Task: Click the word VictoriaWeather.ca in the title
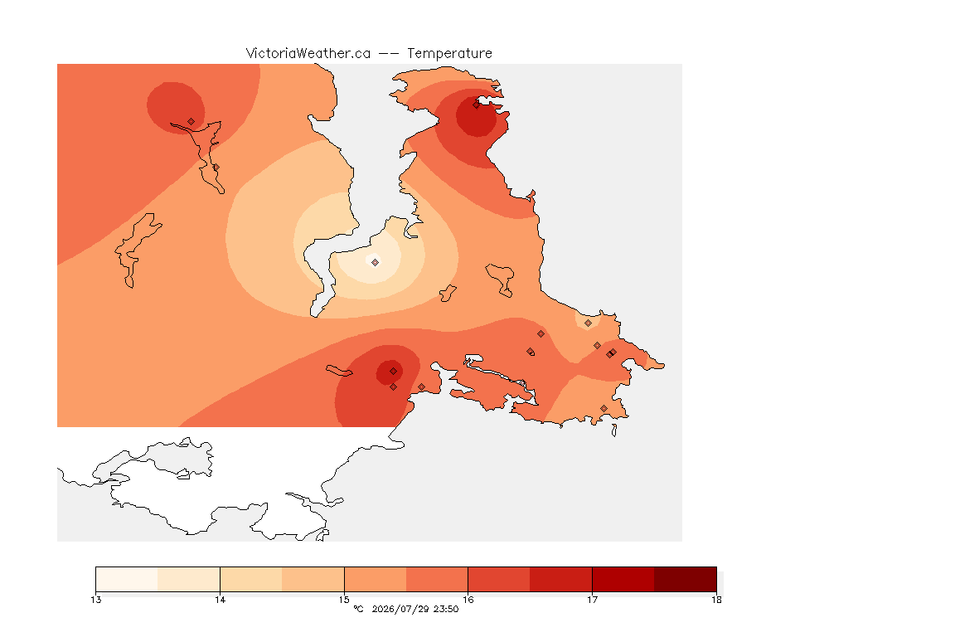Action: coord(308,54)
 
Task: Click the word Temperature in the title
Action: coord(449,54)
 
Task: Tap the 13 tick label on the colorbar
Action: coord(95,600)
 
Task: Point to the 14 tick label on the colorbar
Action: coord(220,600)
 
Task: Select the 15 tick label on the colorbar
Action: coord(344,600)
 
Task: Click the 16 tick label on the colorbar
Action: coord(468,600)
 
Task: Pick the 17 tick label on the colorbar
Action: coord(592,600)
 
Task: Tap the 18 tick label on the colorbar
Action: coord(716,600)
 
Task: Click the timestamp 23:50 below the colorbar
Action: coord(446,609)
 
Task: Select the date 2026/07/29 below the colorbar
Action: coord(400,609)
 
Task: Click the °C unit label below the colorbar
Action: coord(358,609)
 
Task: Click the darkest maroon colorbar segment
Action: coord(686,579)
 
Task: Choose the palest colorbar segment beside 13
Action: coord(127,579)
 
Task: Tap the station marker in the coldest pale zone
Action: coord(376,262)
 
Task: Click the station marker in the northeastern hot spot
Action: coord(477,105)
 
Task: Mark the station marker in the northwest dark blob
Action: coord(191,122)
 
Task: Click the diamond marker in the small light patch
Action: coord(588,323)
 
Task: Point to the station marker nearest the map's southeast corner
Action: coord(604,408)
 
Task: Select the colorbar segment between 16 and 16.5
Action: coord(499,579)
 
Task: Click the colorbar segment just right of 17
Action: coord(623,579)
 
